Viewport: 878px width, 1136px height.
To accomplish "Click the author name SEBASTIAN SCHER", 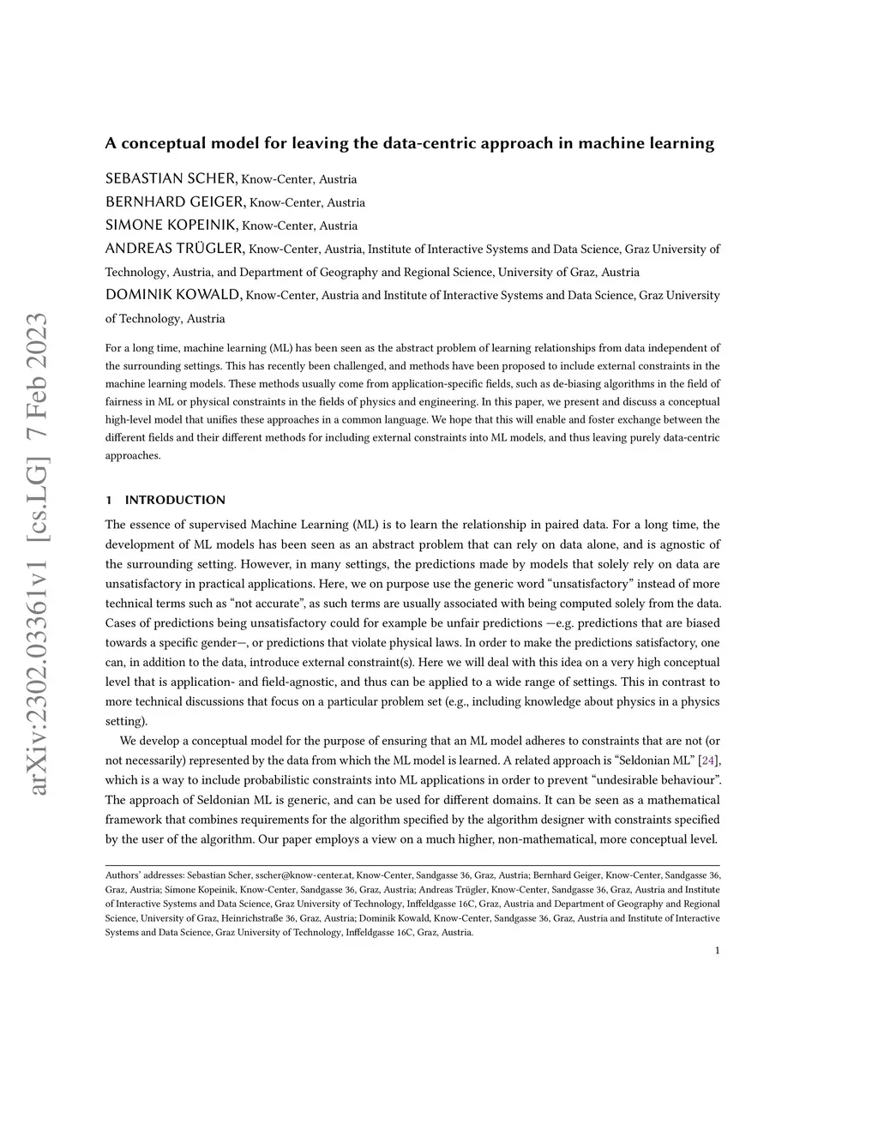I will coord(171,178).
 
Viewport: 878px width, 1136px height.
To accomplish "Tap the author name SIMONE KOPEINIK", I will coord(171,225).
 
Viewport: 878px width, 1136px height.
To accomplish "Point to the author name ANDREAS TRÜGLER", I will coord(175,249).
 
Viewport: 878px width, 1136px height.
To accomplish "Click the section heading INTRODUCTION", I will coord(175,500).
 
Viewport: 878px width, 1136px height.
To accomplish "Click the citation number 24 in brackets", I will coord(707,760).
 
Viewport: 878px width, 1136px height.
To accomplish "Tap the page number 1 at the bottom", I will coord(717,950).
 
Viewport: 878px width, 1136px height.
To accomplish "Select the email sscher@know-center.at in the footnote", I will coord(304,875).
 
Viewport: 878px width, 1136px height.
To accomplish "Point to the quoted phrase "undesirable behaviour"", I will coord(654,780).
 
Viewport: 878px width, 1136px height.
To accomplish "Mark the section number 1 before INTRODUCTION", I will coord(108,500).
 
